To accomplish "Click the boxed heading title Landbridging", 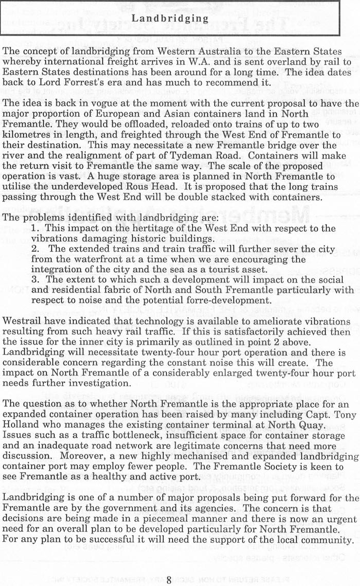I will click(170, 19).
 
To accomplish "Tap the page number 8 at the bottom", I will click(169, 580).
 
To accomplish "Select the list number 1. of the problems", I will click(36, 228).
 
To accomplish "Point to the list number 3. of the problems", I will click(36, 279).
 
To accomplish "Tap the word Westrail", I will click(24, 321).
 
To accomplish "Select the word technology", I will click(148, 321).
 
